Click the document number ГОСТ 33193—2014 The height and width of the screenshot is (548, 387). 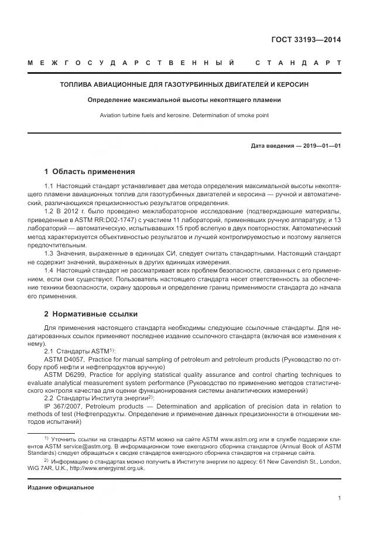click(x=306, y=40)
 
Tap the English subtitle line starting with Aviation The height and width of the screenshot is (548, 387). click(x=184, y=115)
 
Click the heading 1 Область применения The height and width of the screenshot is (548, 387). click(x=90, y=172)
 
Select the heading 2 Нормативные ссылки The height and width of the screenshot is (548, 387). click(x=91, y=314)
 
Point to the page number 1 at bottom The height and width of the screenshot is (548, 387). click(x=340, y=498)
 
